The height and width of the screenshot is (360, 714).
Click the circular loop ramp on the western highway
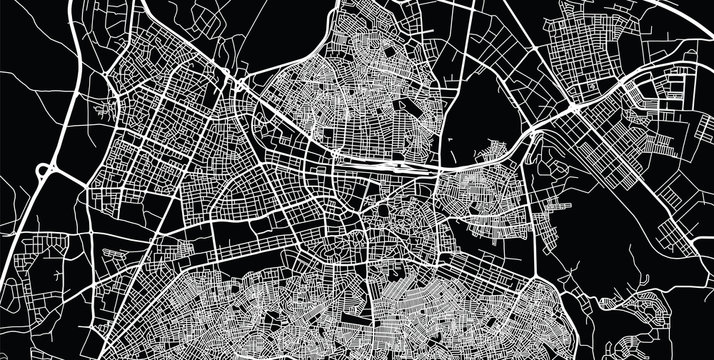(46, 172)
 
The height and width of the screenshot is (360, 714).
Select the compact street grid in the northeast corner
(590, 40)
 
